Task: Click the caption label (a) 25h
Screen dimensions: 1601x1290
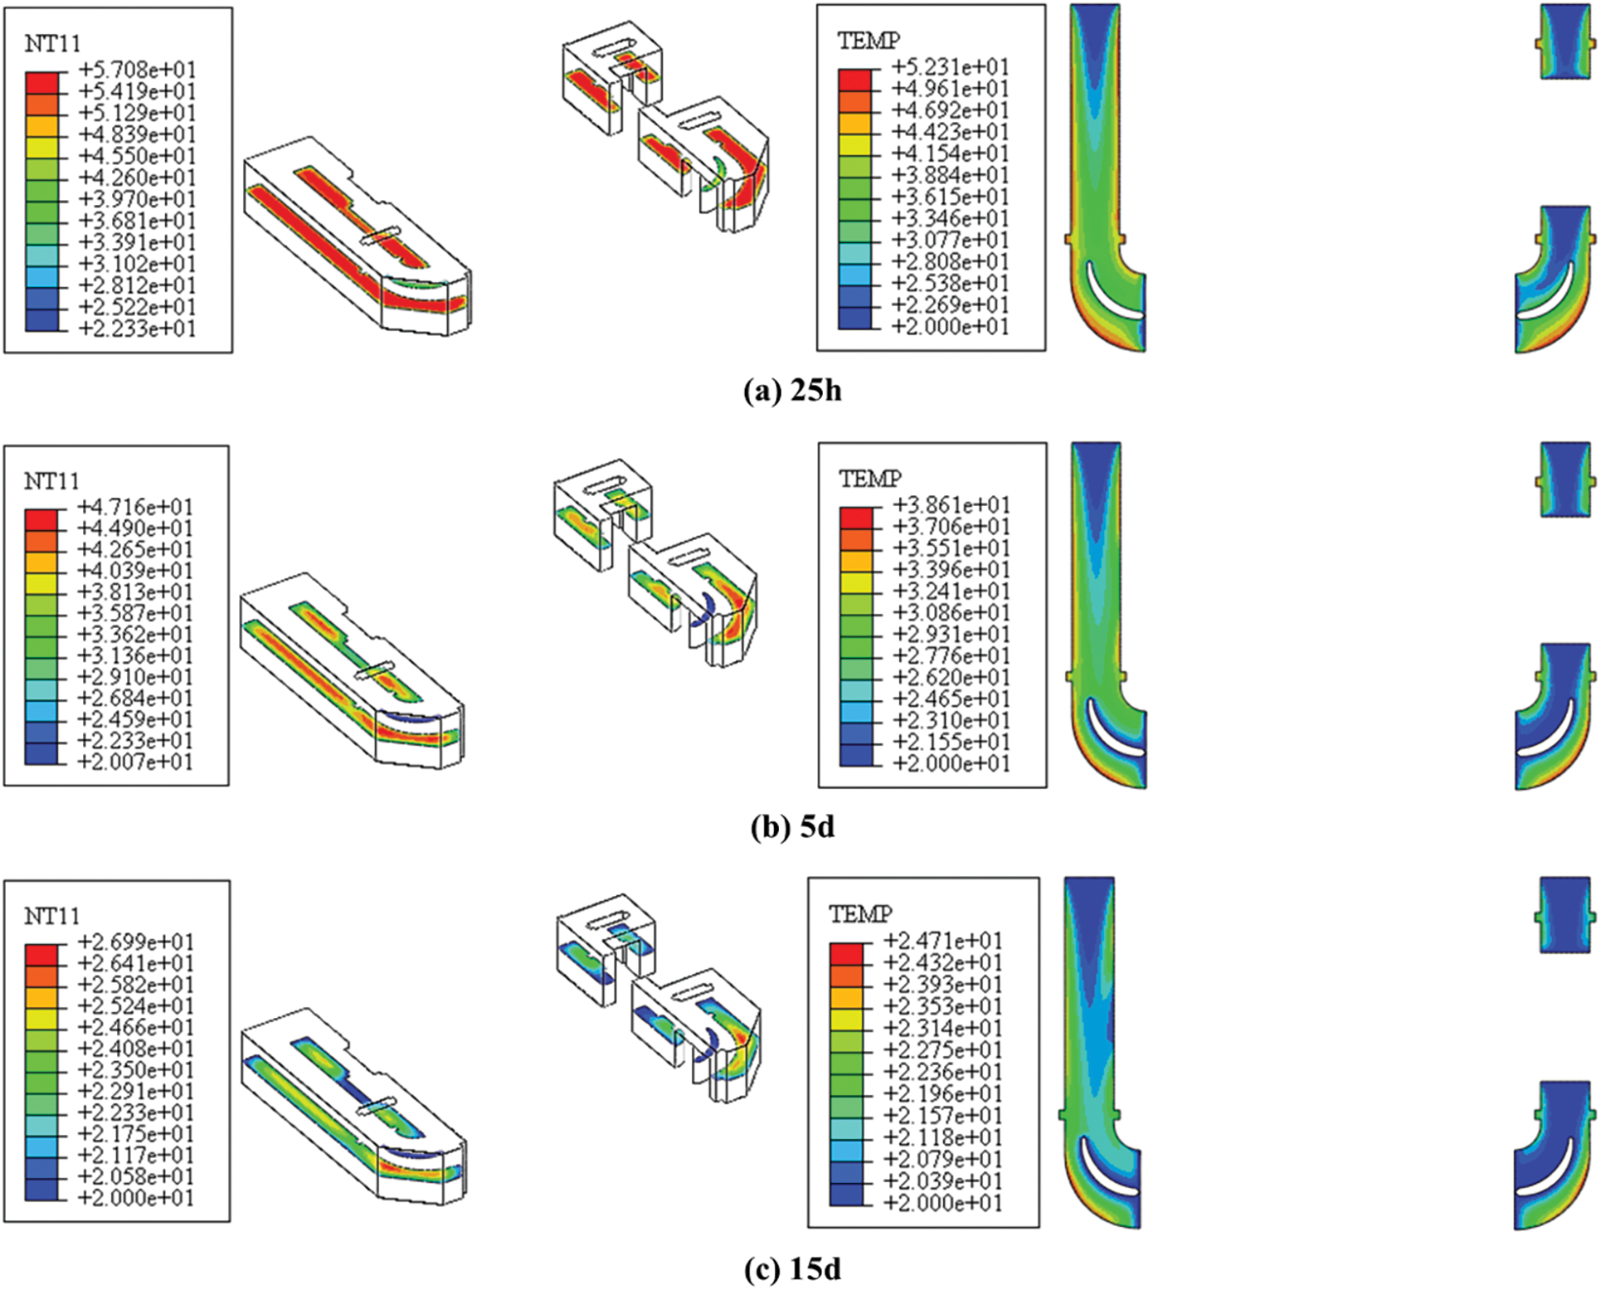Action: (792, 390)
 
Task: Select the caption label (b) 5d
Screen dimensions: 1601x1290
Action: (792, 827)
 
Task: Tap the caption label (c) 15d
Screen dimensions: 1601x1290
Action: (792, 1268)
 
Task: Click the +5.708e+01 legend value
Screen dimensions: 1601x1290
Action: (138, 70)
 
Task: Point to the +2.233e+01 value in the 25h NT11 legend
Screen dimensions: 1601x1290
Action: (138, 329)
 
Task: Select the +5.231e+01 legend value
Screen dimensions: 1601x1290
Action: (951, 67)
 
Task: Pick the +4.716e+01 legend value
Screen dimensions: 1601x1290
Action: (135, 506)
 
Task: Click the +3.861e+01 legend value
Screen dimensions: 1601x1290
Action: (951, 504)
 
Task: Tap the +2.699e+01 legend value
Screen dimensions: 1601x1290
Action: (136, 942)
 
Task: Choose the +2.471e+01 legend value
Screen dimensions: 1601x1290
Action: (943, 941)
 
